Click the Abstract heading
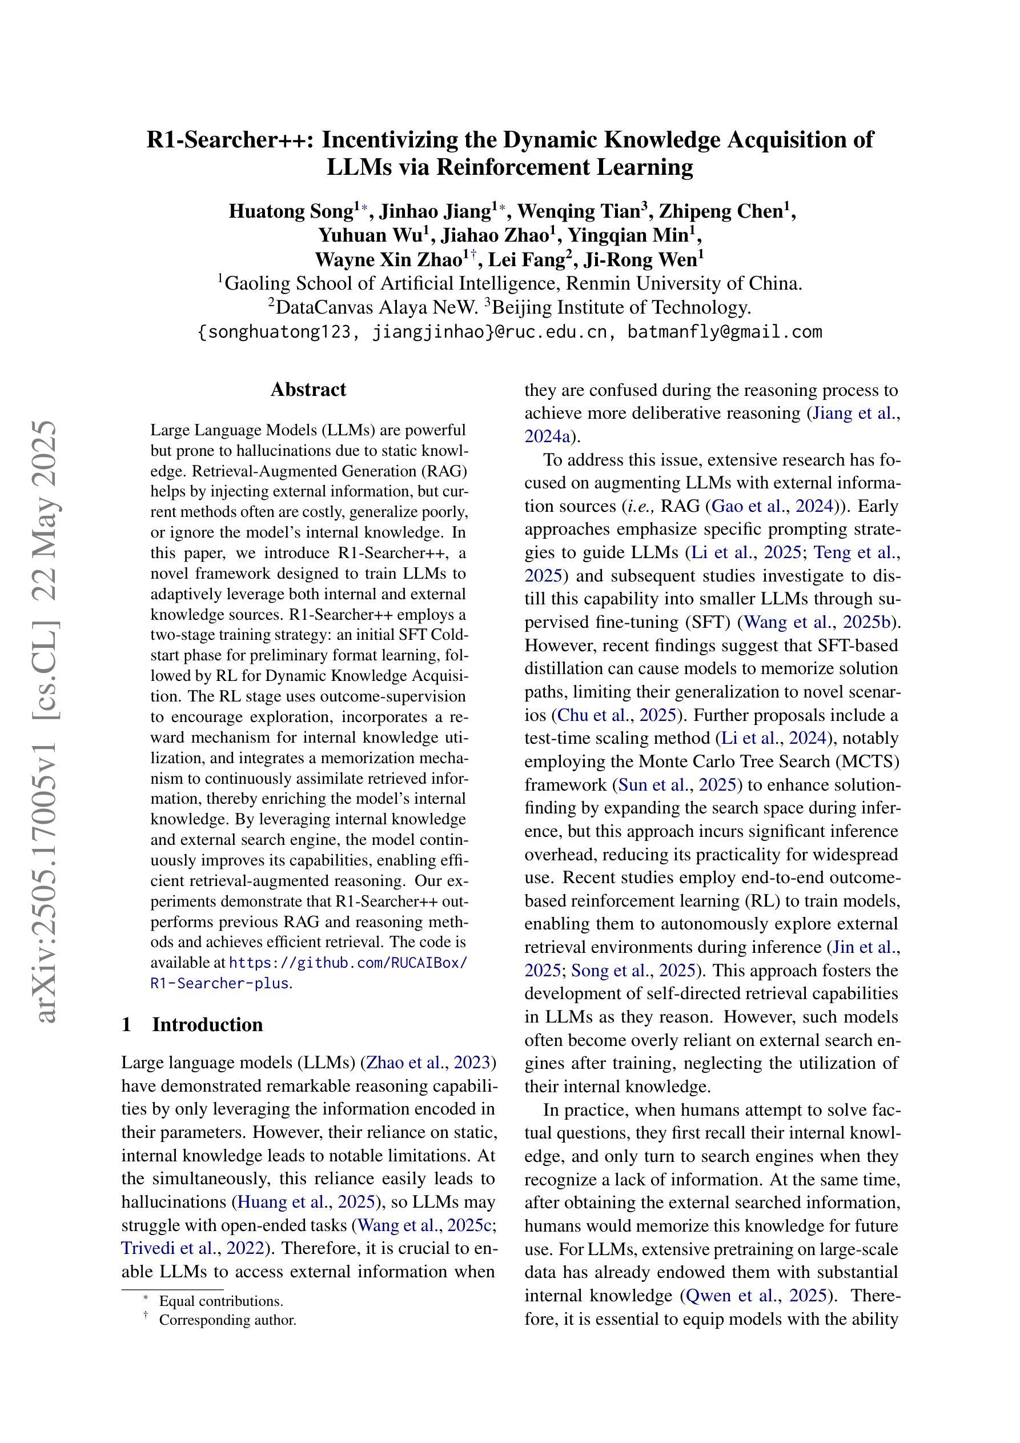(308, 390)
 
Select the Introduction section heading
(207, 1024)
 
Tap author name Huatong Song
(290, 211)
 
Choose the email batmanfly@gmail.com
(725, 332)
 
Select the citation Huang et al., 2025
(307, 1202)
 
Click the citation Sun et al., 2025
(677, 785)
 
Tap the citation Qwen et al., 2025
(757, 1296)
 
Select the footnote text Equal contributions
(220, 1301)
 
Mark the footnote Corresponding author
(227, 1320)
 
